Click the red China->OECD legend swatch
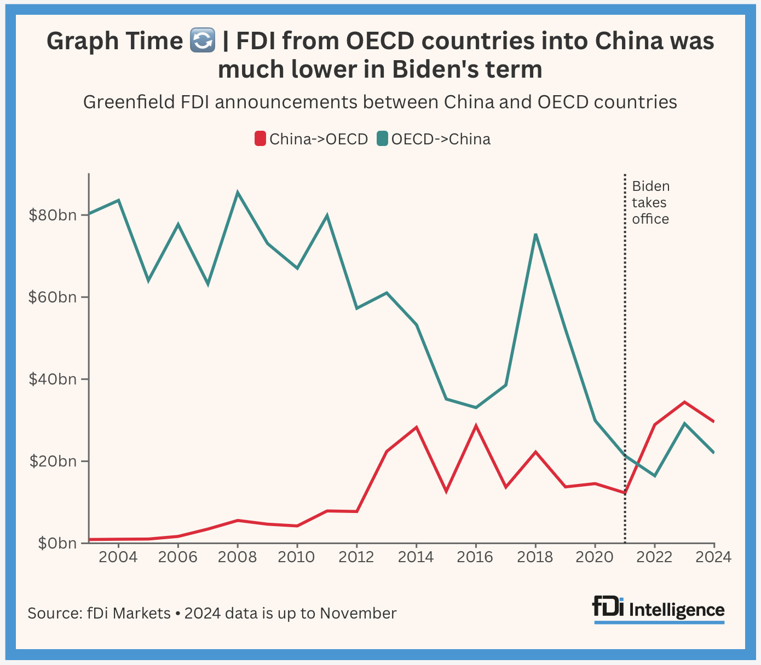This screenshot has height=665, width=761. point(260,139)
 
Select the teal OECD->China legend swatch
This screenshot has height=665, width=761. point(382,139)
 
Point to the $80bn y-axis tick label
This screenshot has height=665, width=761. point(53,215)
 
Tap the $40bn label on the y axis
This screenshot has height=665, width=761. point(53,379)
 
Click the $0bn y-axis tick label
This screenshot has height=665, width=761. point(56,543)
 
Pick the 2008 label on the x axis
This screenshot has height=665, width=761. point(237,557)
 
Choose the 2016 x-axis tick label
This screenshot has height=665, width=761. point(475,557)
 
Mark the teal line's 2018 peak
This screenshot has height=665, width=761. point(535,235)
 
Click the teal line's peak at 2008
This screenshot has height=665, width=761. point(237,192)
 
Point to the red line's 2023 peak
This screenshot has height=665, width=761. point(684,402)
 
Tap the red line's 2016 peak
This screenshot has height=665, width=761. point(476,426)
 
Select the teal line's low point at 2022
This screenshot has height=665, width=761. point(654,476)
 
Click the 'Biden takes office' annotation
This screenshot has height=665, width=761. point(650,203)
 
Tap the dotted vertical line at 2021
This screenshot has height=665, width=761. point(625,328)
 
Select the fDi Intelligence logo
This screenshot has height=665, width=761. point(659,609)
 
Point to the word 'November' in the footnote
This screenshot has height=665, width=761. point(358,613)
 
